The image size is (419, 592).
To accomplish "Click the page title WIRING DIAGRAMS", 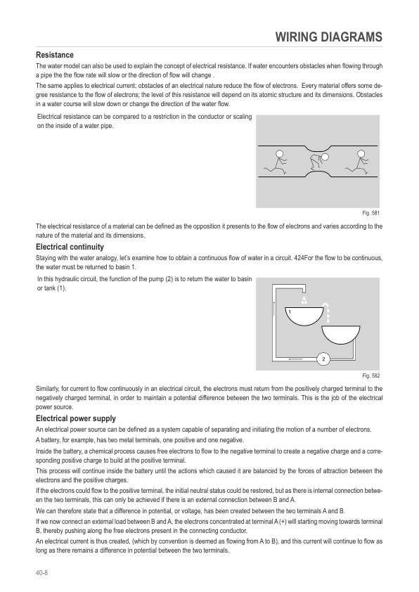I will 328,37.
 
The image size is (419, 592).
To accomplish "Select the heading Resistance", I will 55,55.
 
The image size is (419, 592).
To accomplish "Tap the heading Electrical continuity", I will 70,247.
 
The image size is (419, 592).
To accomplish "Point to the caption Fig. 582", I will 370,375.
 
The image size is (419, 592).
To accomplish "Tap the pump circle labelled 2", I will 323,359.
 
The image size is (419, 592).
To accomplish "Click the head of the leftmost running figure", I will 279,153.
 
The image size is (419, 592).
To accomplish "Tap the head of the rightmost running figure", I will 363,153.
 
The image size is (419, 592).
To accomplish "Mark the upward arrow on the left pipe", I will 272,310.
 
